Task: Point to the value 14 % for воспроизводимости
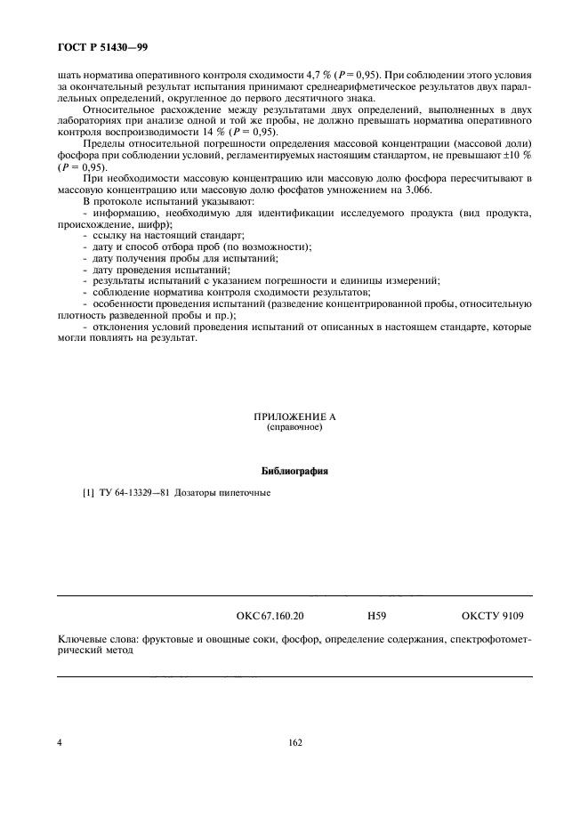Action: [213, 131]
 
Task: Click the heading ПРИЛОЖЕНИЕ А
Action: [294, 416]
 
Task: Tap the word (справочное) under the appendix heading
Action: [294, 427]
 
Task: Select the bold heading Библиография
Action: [294, 472]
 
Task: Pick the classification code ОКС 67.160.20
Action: [270, 615]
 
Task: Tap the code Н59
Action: [376, 615]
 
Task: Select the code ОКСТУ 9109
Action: [493, 615]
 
